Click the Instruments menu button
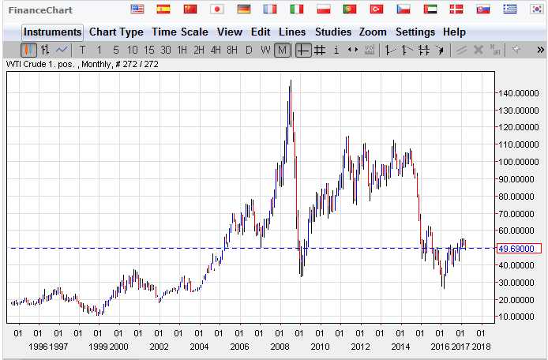[x=52, y=32]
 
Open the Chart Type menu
[x=116, y=32]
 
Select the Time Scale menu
[x=180, y=32]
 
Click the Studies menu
[x=333, y=32]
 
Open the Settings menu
[x=415, y=32]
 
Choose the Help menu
[x=454, y=32]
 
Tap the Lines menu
[x=292, y=32]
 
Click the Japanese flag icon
[x=218, y=9]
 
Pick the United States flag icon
[x=137, y=9]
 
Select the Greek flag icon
[x=511, y=9]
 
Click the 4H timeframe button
[x=216, y=50]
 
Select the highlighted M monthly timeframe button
[x=283, y=50]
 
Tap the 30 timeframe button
[x=165, y=50]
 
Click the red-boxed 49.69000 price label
[x=518, y=249]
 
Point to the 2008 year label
[x=280, y=347]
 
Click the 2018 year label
[x=480, y=347]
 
